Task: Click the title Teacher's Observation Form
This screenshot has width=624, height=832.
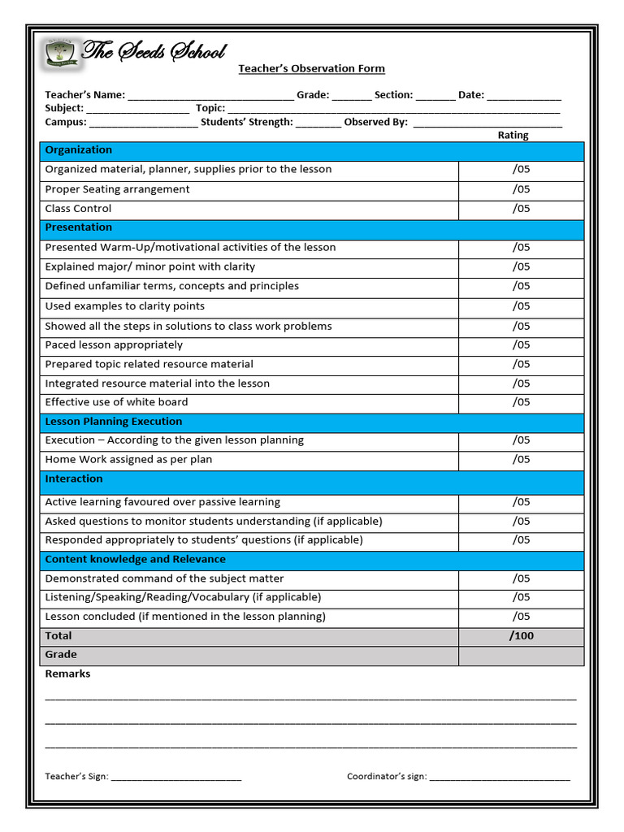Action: pos(311,69)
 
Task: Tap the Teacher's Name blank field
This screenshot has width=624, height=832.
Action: pos(210,96)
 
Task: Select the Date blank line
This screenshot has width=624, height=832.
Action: pos(524,96)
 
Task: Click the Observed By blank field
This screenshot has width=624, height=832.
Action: pos(487,123)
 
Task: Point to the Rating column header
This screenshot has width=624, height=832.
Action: pos(513,136)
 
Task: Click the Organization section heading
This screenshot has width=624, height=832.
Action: pos(79,150)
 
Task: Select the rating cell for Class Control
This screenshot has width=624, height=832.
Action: pos(521,209)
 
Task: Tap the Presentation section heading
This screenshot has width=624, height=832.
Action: pos(79,227)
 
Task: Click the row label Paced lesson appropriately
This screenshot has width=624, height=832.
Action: pos(114,345)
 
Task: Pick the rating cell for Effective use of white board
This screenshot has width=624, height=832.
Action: pos(521,403)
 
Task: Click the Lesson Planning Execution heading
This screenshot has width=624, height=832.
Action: pos(114,422)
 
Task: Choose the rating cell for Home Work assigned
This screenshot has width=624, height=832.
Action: pos(521,460)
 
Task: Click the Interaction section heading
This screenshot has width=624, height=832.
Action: pos(74,479)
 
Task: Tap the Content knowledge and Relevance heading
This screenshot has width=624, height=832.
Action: pos(135,560)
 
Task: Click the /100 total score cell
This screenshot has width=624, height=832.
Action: pos(521,636)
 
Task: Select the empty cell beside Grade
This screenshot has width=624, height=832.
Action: pos(521,656)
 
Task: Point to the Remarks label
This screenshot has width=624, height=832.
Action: pos(67,674)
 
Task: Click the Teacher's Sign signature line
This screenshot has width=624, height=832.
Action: pos(176,778)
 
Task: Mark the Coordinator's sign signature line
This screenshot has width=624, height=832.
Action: pos(500,778)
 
